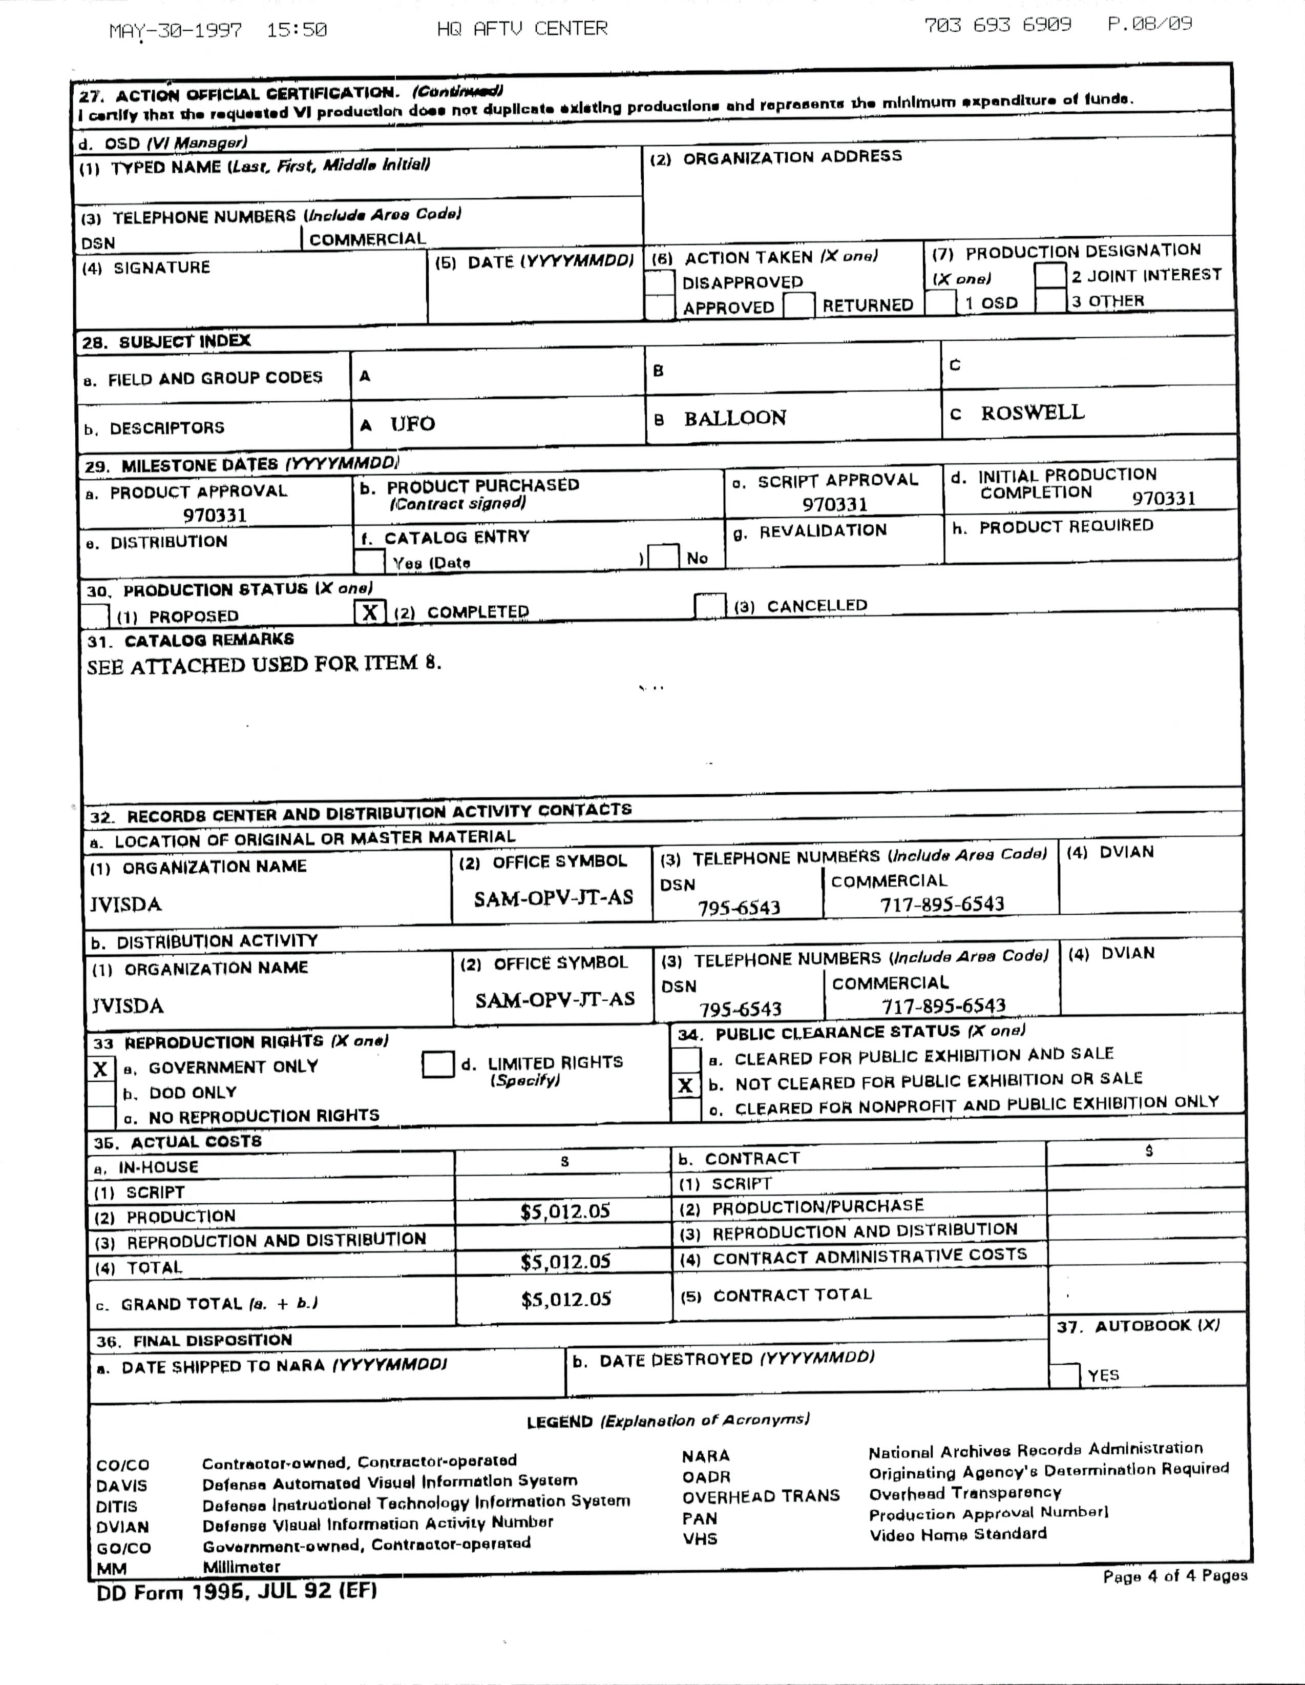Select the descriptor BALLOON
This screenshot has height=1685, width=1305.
tap(734, 418)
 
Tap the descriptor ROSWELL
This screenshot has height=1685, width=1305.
tap(1032, 413)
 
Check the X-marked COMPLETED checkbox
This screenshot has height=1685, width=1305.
tap(369, 612)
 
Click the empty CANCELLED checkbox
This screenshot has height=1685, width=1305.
tap(709, 606)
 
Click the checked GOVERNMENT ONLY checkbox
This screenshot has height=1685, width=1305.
tap(101, 1070)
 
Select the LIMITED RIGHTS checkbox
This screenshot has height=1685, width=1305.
tap(437, 1065)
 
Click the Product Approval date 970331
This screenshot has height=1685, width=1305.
tap(215, 515)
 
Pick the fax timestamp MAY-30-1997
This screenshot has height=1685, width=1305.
tap(175, 31)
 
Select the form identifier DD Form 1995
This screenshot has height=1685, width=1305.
tap(236, 1591)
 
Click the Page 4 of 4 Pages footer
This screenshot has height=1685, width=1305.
tap(1174, 1575)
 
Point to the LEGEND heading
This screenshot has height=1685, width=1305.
tap(559, 1422)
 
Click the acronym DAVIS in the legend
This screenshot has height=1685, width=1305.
tap(121, 1485)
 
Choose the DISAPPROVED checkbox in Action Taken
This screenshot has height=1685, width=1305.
tap(660, 282)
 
